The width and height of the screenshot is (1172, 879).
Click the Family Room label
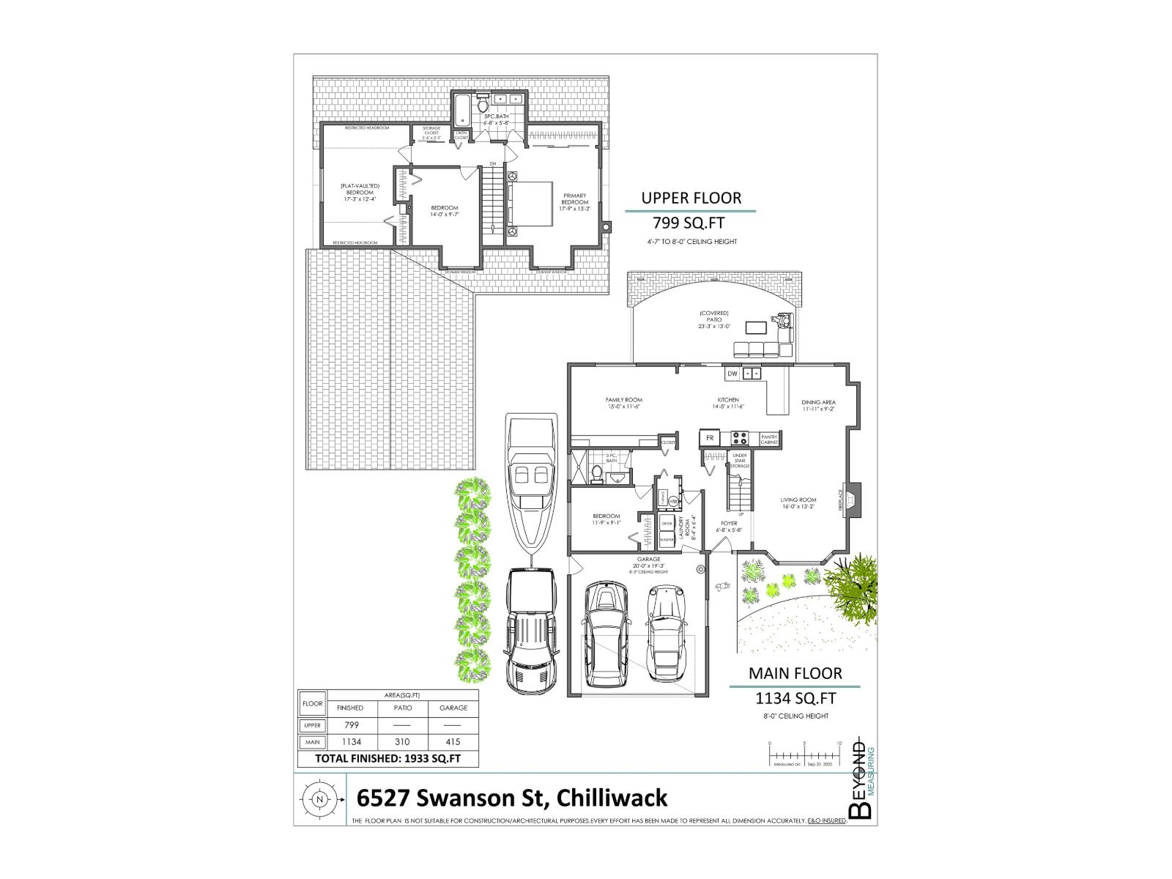click(x=624, y=403)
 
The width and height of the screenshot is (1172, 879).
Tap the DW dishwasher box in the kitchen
click(x=732, y=374)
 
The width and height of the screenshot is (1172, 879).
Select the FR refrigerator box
click(x=709, y=438)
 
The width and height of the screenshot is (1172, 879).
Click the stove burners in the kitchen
click(x=740, y=439)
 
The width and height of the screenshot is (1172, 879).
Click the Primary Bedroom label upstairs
click(x=575, y=199)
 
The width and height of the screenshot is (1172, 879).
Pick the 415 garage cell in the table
click(x=453, y=742)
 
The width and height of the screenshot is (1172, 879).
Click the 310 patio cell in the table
click(x=402, y=742)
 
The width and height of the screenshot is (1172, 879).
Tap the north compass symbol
click(x=319, y=799)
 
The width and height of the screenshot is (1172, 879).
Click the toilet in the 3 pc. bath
click(x=597, y=475)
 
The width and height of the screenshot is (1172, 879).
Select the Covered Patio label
click(x=714, y=320)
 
